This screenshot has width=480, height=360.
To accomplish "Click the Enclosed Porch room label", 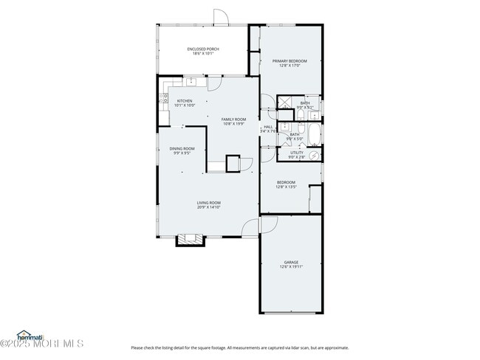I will [x=202, y=49].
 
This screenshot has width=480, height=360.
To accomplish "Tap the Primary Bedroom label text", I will [x=289, y=60].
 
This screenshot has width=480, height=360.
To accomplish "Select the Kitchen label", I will [x=184, y=101].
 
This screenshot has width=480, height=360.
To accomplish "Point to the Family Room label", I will [x=233, y=119].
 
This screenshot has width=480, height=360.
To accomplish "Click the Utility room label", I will [x=296, y=153].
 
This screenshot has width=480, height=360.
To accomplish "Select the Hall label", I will [x=267, y=127].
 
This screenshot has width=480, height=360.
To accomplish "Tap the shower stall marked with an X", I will [x=285, y=104].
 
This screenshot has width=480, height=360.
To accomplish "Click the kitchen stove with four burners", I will [x=163, y=96].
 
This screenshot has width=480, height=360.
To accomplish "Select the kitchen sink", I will [x=190, y=82].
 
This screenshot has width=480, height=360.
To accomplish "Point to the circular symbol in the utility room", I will [x=313, y=156].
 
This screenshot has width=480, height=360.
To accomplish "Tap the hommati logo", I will [x=31, y=335].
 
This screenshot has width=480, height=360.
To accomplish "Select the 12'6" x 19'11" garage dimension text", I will [x=291, y=267].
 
